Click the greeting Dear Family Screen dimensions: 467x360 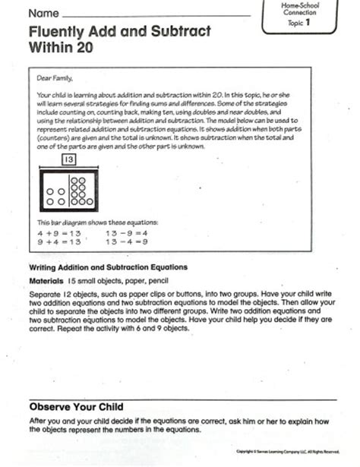[55, 77]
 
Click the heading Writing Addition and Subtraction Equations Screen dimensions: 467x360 [107, 267]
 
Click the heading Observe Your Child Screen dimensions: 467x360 [76, 406]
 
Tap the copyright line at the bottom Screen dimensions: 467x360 [293, 452]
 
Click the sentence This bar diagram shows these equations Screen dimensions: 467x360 [98, 222]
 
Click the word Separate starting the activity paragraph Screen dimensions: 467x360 [45, 293]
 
